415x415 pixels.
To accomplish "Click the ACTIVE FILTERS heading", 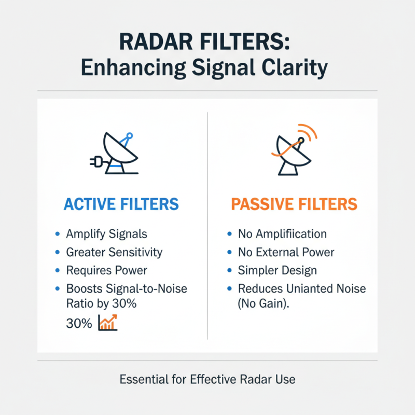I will click(121, 204).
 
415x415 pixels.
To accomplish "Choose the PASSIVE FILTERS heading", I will click(294, 204).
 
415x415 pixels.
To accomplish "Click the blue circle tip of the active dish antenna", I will click(129, 136).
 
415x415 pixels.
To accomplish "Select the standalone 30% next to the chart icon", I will click(79, 324).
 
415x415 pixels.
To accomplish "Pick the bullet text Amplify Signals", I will click(106, 234).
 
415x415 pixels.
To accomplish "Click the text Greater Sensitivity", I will click(114, 252).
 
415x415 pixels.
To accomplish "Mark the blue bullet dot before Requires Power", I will click(57, 270).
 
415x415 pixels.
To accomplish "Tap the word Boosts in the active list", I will click(85, 288).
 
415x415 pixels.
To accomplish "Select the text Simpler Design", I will click(277, 270).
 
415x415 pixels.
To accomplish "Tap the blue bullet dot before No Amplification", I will click(229, 234).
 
